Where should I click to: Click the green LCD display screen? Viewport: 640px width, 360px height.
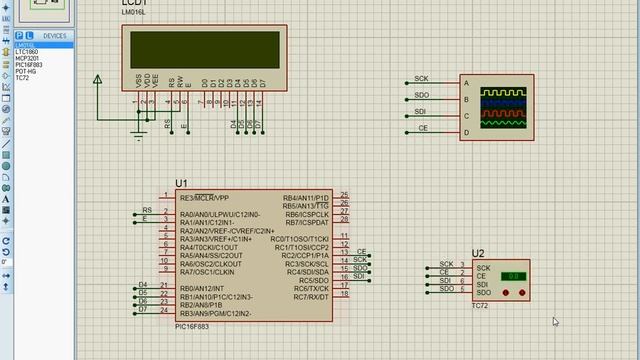[x=204, y=48]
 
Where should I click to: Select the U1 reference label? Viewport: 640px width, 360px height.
[x=181, y=183]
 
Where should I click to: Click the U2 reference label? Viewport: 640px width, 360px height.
[x=478, y=254]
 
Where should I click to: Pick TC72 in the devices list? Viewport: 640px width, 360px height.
[x=21, y=79]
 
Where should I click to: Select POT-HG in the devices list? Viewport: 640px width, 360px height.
[x=25, y=72]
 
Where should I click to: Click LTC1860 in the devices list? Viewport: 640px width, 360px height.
[x=26, y=51]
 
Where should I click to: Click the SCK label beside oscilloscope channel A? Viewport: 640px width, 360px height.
[x=421, y=78]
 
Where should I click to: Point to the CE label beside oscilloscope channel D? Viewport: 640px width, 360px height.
[x=422, y=128]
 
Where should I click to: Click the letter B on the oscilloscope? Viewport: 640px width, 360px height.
[x=466, y=99]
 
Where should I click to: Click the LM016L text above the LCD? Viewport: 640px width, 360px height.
[x=134, y=12]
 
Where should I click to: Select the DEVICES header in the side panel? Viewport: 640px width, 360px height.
[x=55, y=36]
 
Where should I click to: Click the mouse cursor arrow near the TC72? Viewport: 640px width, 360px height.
[x=555, y=321]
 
